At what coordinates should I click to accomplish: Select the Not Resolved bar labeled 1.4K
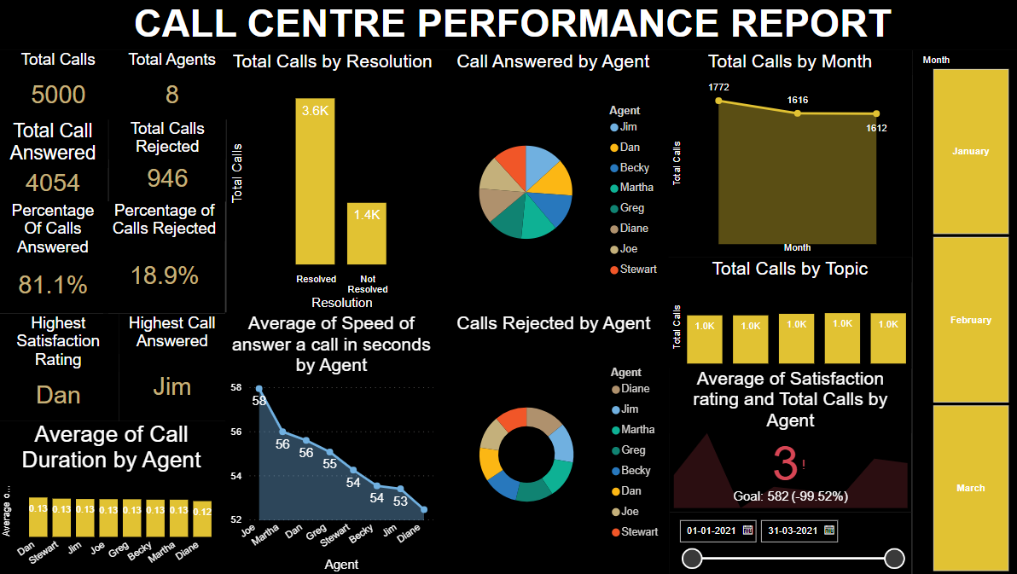(367, 234)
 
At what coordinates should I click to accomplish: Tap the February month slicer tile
(971, 320)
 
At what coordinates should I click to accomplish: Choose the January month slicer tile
(971, 151)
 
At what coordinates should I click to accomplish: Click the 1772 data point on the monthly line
(718, 101)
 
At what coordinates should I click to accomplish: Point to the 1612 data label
(876, 129)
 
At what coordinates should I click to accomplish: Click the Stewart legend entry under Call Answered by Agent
(638, 270)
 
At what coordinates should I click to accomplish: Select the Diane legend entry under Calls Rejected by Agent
(635, 389)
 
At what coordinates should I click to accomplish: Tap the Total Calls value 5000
(58, 94)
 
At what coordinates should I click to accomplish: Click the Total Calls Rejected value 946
(167, 178)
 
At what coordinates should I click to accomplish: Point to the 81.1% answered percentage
(53, 285)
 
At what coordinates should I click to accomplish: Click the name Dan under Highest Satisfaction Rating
(58, 395)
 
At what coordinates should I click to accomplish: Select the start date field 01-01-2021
(712, 531)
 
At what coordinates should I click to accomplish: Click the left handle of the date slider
(693, 559)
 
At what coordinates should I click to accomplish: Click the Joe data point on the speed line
(259, 389)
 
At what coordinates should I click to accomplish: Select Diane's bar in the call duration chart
(202, 519)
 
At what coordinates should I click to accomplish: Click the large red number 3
(785, 464)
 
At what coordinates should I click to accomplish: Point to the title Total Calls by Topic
(790, 270)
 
